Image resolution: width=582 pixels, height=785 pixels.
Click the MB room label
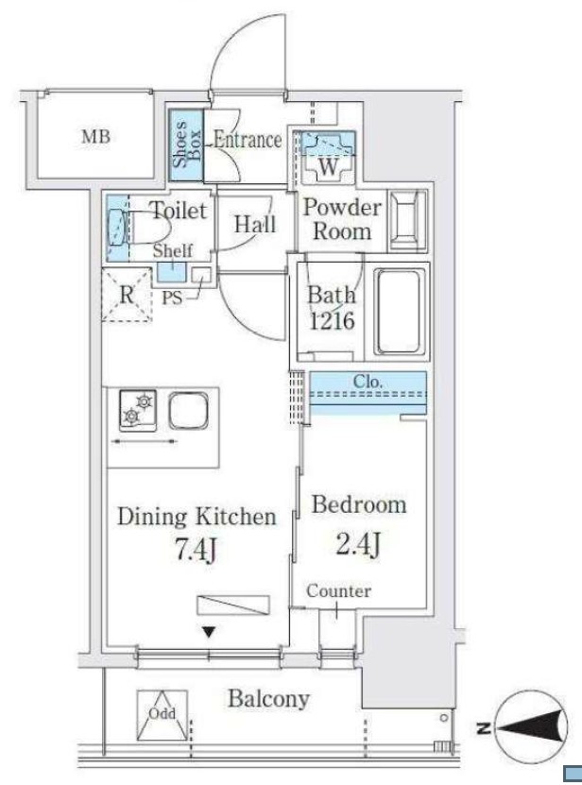click(95, 136)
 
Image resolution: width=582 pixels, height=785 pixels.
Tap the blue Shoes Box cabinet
click(186, 145)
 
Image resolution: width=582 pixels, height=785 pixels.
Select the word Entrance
click(248, 140)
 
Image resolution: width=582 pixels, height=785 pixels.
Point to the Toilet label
click(179, 211)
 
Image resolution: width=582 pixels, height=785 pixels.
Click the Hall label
click(255, 224)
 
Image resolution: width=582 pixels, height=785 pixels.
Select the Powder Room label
click(342, 219)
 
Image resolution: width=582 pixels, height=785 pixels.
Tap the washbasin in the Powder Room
click(408, 220)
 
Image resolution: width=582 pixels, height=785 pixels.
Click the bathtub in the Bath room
click(399, 312)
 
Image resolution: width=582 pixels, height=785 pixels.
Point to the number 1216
click(332, 320)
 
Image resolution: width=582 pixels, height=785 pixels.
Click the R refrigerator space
click(127, 295)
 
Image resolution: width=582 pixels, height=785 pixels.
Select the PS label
click(172, 298)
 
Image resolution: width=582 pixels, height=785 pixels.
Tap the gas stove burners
click(138, 410)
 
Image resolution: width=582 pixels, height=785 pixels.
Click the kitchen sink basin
click(188, 410)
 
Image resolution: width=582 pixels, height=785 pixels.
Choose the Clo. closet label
click(368, 382)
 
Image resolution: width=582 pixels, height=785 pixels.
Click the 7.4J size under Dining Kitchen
click(196, 549)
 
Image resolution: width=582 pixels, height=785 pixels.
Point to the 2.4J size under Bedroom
click(358, 544)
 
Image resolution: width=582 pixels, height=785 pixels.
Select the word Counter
click(338, 591)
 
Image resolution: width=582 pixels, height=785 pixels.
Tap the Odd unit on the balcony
click(163, 716)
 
